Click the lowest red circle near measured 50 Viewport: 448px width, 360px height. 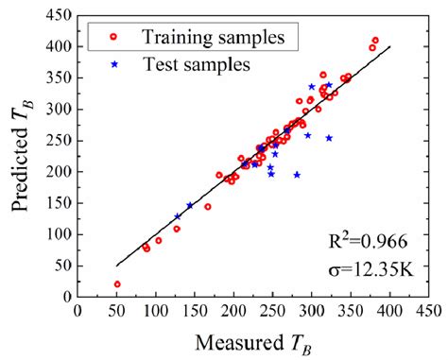pyautogui.click(x=117, y=284)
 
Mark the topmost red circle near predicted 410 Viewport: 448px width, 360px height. pyautogui.click(x=375, y=41)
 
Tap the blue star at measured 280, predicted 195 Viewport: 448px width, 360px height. pyautogui.click(x=297, y=175)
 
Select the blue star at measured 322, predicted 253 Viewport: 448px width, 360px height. pyautogui.click(x=329, y=138)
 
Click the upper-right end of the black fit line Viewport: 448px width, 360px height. pyautogui.click(x=389, y=46)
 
